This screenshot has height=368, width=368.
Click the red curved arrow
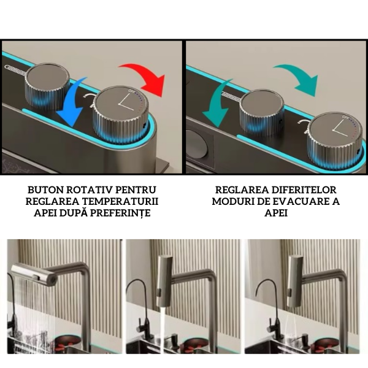150,75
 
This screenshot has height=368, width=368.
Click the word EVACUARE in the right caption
299,202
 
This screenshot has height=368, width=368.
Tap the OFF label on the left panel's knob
131,91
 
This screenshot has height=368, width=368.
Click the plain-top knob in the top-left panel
47,86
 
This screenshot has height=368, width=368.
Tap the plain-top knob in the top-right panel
261,113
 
